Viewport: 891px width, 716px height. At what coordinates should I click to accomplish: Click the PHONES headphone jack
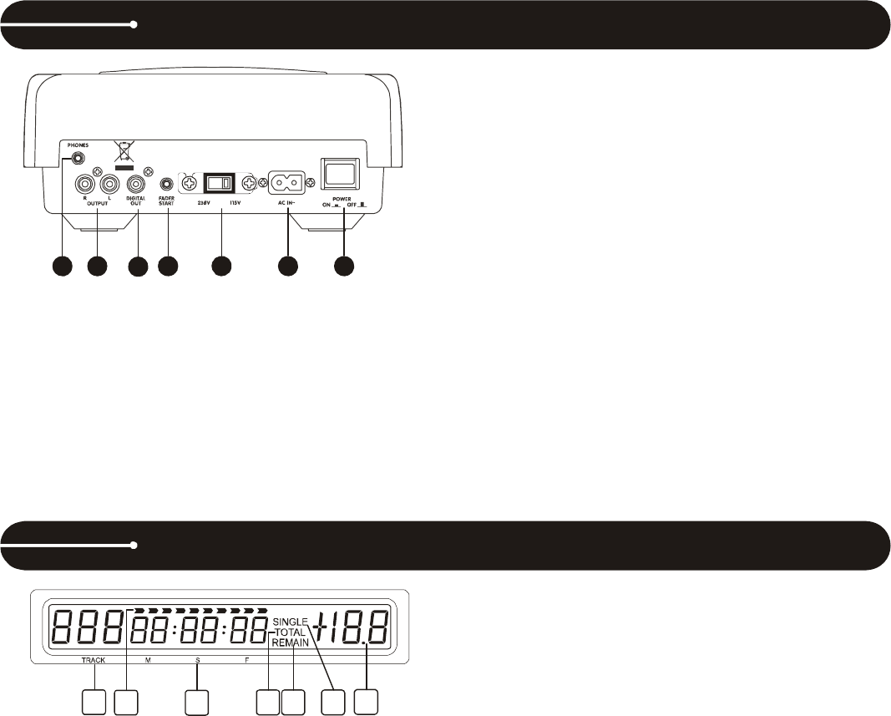[78, 156]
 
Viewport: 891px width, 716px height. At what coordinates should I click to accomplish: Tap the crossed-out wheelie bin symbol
[124, 153]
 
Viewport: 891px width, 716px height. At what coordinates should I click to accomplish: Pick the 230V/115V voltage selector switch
[220, 182]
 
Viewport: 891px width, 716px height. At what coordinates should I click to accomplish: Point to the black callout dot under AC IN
[287, 266]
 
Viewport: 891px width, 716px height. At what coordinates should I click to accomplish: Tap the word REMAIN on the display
[291, 643]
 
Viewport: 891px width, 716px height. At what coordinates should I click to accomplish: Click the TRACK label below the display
[93, 660]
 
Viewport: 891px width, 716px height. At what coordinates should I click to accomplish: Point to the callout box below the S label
[197, 702]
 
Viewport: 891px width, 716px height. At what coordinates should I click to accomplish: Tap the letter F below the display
[246, 660]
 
